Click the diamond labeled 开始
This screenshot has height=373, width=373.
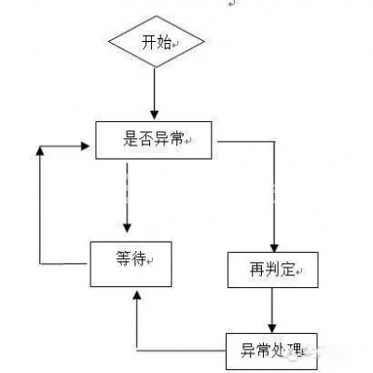(x=155, y=42)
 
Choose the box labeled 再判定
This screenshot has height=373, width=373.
(x=272, y=269)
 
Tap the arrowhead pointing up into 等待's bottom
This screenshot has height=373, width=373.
(x=137, y=294)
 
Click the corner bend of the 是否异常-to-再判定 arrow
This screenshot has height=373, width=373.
(x=272, y=143)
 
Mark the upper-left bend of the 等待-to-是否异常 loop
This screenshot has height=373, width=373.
(x=39, y=146)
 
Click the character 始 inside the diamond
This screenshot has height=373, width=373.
(x=164, y=42)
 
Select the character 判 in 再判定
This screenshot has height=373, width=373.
(x=271, y=270)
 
